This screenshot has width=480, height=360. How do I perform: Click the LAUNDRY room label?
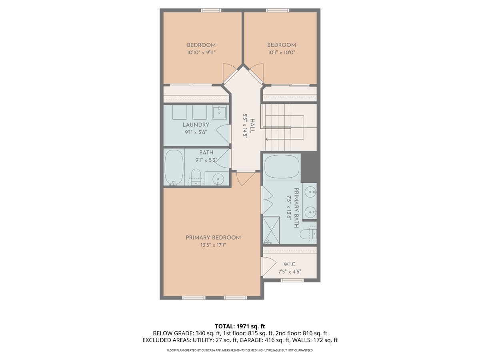(196, 125)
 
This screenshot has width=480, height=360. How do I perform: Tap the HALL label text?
(252, 126)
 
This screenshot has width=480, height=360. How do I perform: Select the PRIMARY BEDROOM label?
(213, 238)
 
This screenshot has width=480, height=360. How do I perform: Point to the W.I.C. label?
(290, 264)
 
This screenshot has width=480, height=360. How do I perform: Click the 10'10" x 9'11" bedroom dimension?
(201, 53)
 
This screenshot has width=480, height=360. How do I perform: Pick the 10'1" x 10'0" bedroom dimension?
(282, 52)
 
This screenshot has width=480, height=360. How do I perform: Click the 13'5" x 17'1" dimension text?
(213, 245)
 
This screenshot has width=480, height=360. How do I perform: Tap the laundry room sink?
(219, 112)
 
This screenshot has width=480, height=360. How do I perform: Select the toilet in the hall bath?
(196, 177)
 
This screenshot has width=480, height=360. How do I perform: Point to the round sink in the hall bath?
(218, 179)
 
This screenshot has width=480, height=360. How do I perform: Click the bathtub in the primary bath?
(282, 167)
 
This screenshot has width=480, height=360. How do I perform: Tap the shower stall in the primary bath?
(271, 230)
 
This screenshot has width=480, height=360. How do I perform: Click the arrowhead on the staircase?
(267, 139)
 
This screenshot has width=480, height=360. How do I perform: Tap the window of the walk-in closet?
(292, 280)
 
